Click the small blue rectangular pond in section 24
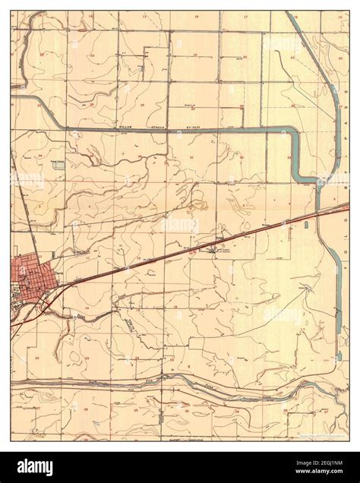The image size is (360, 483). point(58,163)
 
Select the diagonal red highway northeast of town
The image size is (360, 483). point(190,250)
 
